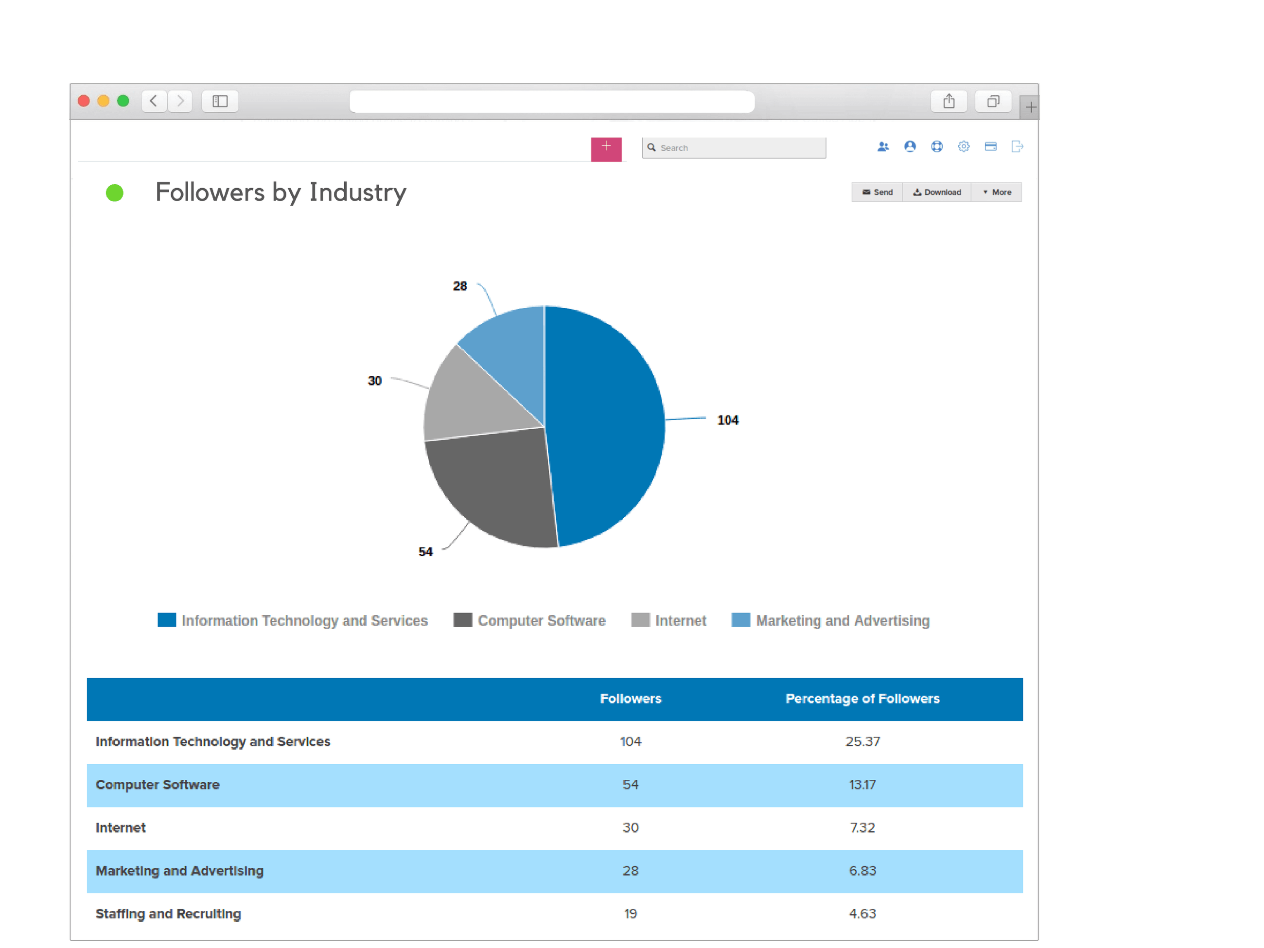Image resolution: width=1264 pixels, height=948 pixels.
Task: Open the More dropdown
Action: [x=997, y=192]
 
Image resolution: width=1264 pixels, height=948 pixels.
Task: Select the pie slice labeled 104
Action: [x=606, y=423]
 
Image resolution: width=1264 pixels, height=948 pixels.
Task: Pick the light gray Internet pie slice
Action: [x=469, y=400]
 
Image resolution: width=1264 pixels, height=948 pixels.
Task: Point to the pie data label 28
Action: [x=459, y=286]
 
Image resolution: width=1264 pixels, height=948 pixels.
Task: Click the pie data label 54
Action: [x=425, y=551]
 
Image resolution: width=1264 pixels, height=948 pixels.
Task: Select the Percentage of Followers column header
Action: [x=862, y=698]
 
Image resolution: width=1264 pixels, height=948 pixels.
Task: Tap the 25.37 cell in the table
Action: [x=862, y=741]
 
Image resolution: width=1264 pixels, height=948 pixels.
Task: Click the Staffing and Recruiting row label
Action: [x=168, y=913]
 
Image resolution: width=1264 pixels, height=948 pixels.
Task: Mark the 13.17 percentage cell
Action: [x=862, y=784]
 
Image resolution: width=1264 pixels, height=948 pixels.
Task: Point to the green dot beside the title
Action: [x=114, y=193]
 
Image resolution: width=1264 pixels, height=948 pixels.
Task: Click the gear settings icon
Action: [x=964, y=147]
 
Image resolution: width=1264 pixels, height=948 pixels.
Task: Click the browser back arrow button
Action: [x=154, y=101]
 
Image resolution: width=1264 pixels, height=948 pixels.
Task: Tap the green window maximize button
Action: [x=123, y=101]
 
